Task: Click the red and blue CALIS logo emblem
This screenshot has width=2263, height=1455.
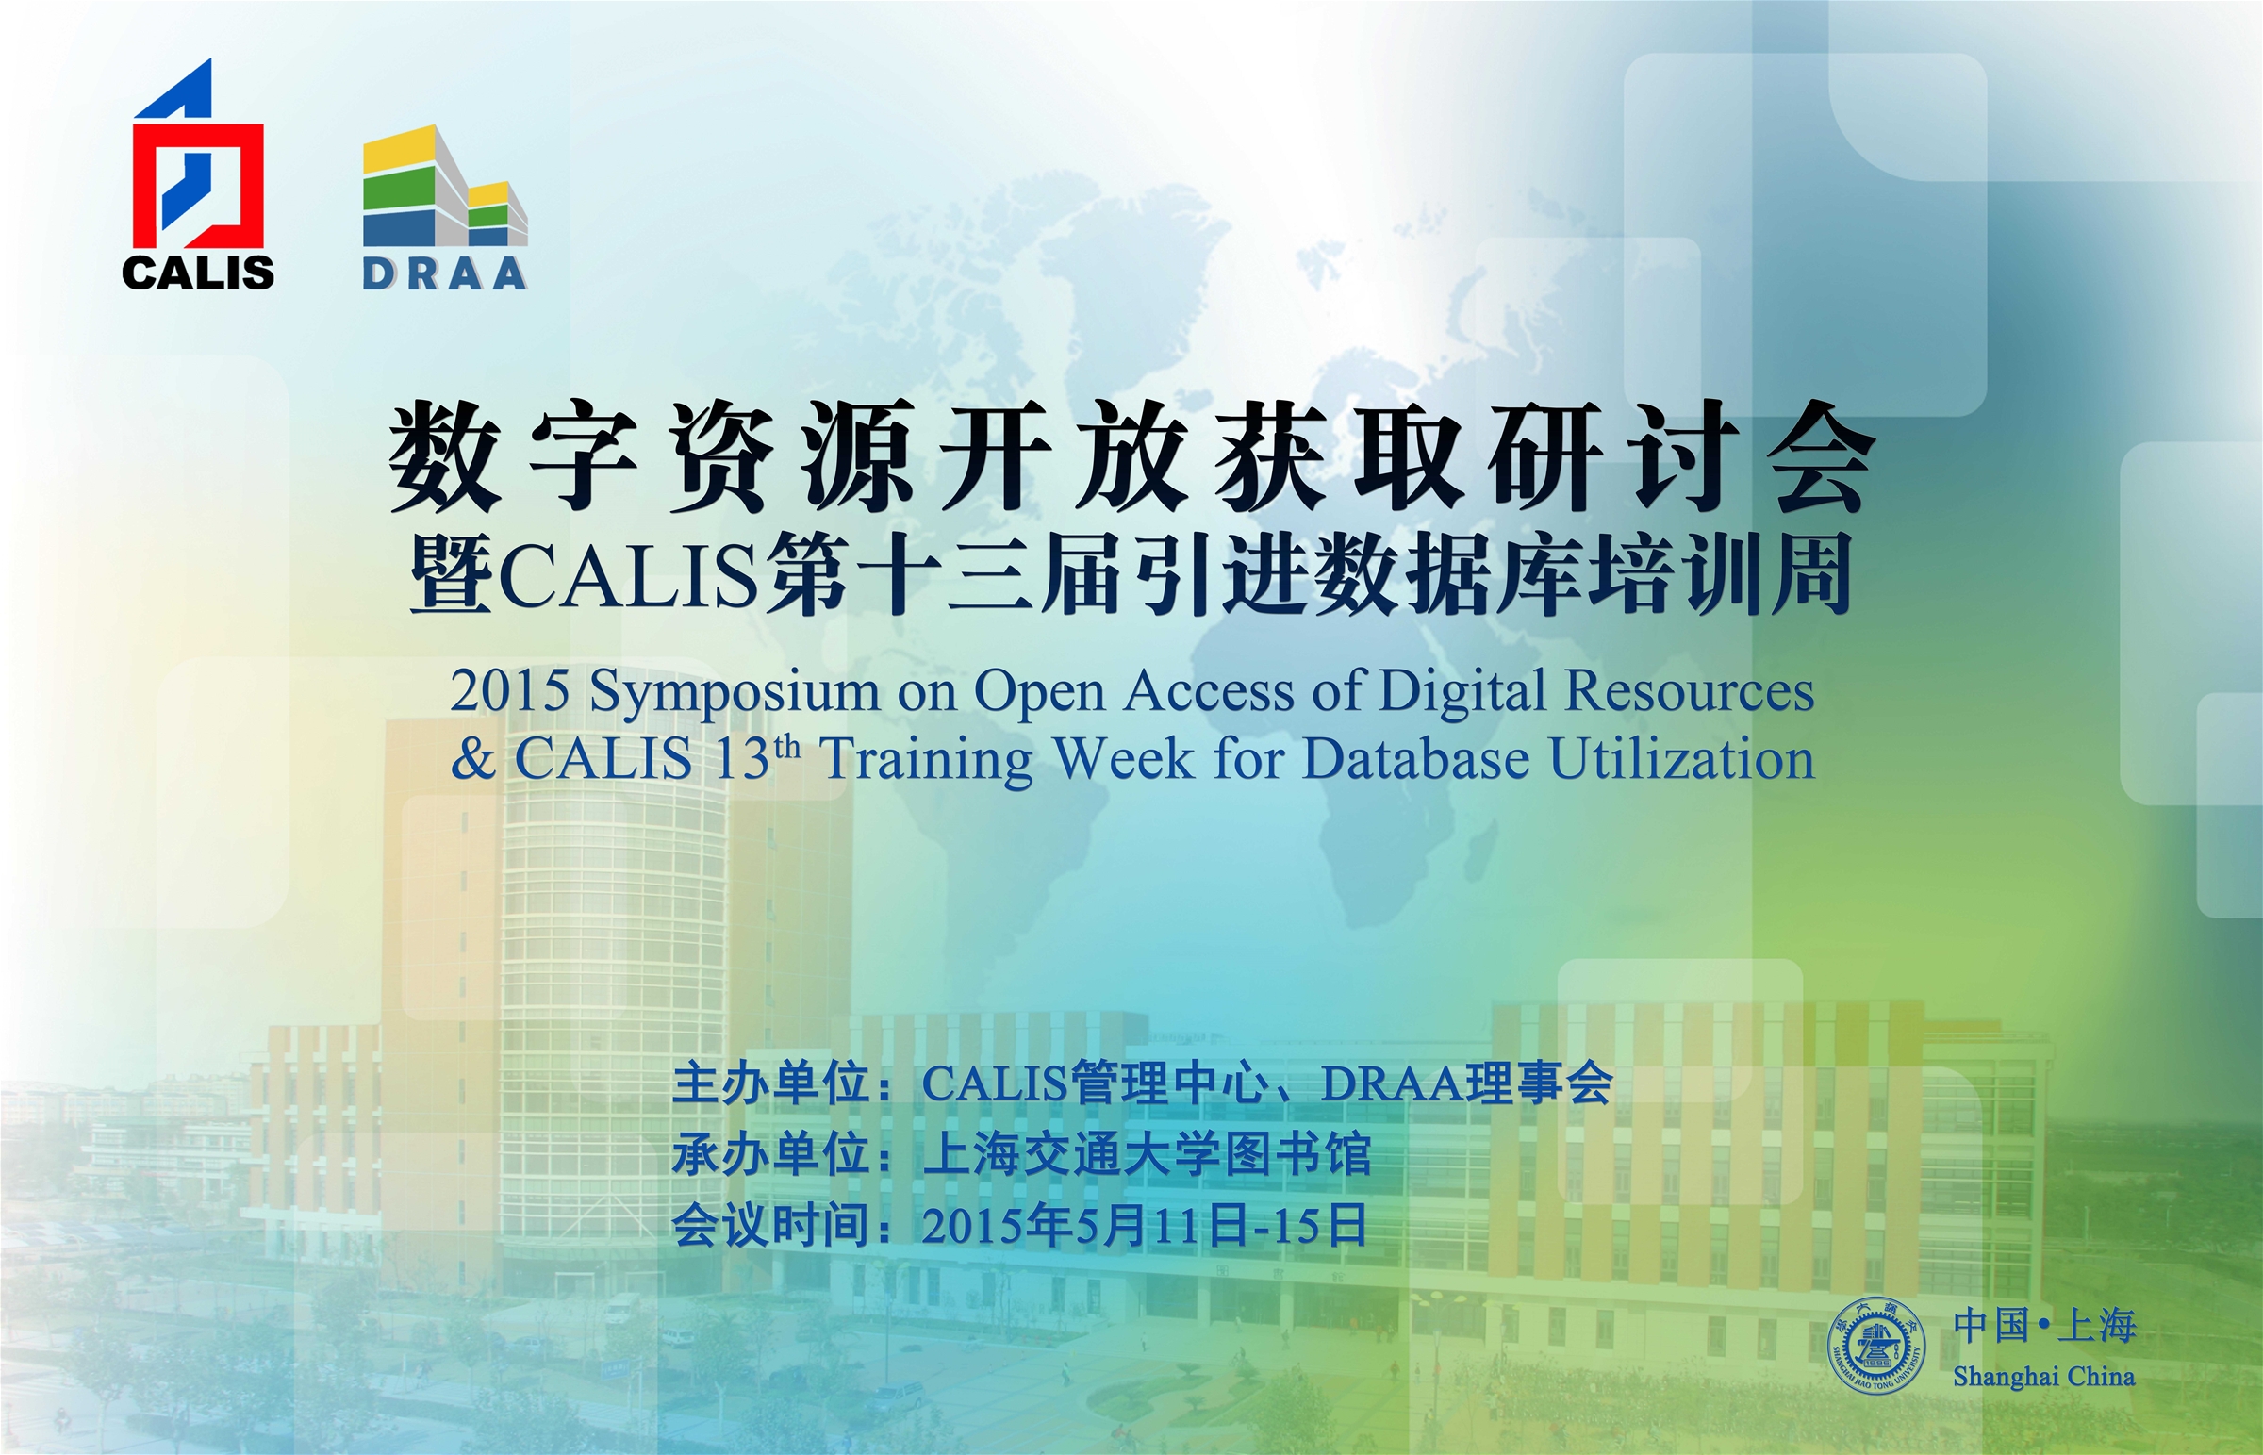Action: coord(197,157)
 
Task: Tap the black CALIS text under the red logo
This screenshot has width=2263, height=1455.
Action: coord(198,273)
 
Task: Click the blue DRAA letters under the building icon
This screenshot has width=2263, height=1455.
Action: coord(444,274)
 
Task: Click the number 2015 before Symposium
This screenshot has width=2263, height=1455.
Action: coord(509,690)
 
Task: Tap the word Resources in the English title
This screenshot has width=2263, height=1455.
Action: coord(1690,690)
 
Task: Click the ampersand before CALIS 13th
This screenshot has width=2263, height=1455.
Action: coord(473,759)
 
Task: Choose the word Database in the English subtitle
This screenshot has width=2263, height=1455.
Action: coord(1416,759)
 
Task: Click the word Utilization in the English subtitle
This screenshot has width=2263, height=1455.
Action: coord(1682,759)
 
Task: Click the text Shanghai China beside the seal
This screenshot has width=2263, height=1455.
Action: coord(2044,1377)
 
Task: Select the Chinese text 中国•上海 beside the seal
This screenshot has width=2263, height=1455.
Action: coord(2045,1326)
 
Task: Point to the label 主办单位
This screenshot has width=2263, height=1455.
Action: coord(771,1083)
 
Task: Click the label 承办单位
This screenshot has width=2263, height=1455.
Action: coord(771,1154)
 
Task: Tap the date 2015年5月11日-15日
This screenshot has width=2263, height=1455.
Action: coord(1145,1226)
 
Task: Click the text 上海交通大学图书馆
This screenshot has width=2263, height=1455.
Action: coord(1147,1154)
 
